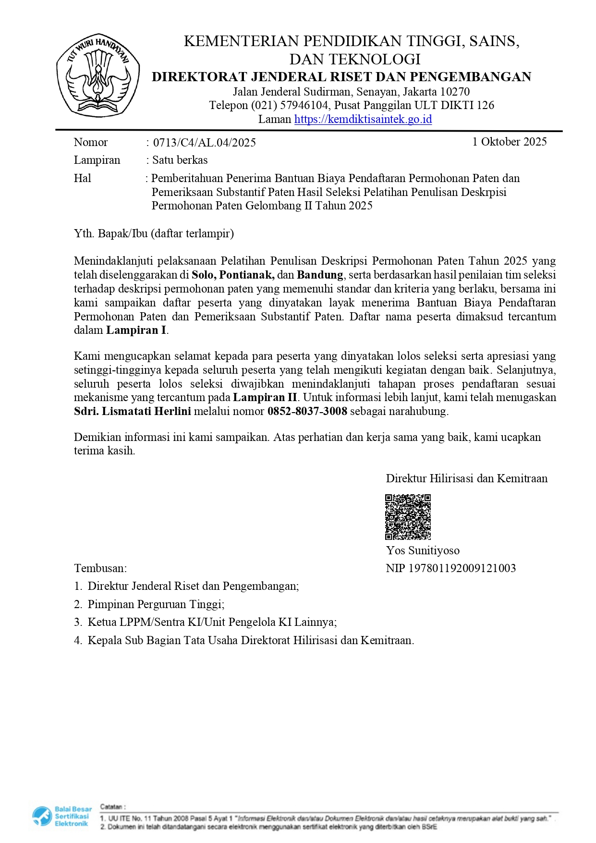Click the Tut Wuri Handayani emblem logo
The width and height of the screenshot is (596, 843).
[98, 75]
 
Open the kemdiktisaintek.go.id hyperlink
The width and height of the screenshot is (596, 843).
[363, 119]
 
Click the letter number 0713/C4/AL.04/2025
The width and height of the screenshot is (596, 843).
[204, 143]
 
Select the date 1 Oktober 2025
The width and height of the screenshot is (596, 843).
[509, 142]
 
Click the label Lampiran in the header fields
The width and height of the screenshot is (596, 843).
[97, 160]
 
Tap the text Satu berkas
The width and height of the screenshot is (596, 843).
[180, 160]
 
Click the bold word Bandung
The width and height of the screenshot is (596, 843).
[320, 275]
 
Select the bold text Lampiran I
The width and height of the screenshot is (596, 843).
[136, 330]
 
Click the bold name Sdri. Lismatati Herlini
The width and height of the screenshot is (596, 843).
[133, 411]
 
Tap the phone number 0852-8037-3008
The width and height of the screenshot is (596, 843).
[307, 411]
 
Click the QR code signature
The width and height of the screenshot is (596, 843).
[408, 517]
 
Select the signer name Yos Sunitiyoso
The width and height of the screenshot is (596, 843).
[423, 550]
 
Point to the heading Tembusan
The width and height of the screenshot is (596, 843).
[100, 568]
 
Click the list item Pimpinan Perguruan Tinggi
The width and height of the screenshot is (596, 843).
[156, 604]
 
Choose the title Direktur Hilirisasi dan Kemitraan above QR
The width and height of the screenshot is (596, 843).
[466, 478]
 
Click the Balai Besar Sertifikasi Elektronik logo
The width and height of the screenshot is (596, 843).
[61, 816]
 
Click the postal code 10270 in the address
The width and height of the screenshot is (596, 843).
[455, 92]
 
